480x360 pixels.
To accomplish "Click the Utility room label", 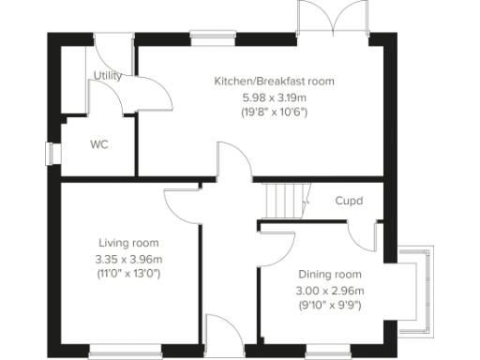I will click(x=109, y=75).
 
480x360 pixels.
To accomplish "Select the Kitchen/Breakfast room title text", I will click(x=274, y=82).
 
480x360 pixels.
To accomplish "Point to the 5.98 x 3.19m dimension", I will click(x=274, y=97).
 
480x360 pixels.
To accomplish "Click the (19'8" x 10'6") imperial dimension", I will click(x=274, y=112).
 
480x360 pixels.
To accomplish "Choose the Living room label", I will click(x=128, y=244).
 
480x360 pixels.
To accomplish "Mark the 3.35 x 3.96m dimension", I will click(x=128, y=260).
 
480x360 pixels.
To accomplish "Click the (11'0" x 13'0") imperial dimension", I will click(x=128, y=275).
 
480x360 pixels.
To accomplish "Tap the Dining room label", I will click(x=330, y=275).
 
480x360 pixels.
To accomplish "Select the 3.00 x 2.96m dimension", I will click(x=330, y=290).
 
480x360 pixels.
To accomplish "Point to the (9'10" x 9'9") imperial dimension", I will click(x=330, y=305).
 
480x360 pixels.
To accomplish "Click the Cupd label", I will click(x=349, y=201).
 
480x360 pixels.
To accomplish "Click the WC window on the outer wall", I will click(x=52, y=153).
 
